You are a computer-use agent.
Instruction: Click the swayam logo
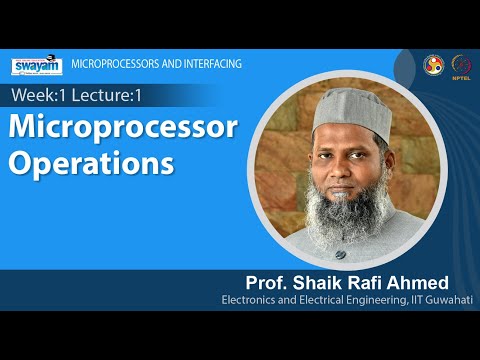click(x=38, y=67)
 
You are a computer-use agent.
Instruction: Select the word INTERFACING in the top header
click(x=206, y=64)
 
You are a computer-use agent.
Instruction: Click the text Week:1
click(x=37, y=95)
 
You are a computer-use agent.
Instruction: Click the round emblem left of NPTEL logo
click(x=434, y=64)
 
